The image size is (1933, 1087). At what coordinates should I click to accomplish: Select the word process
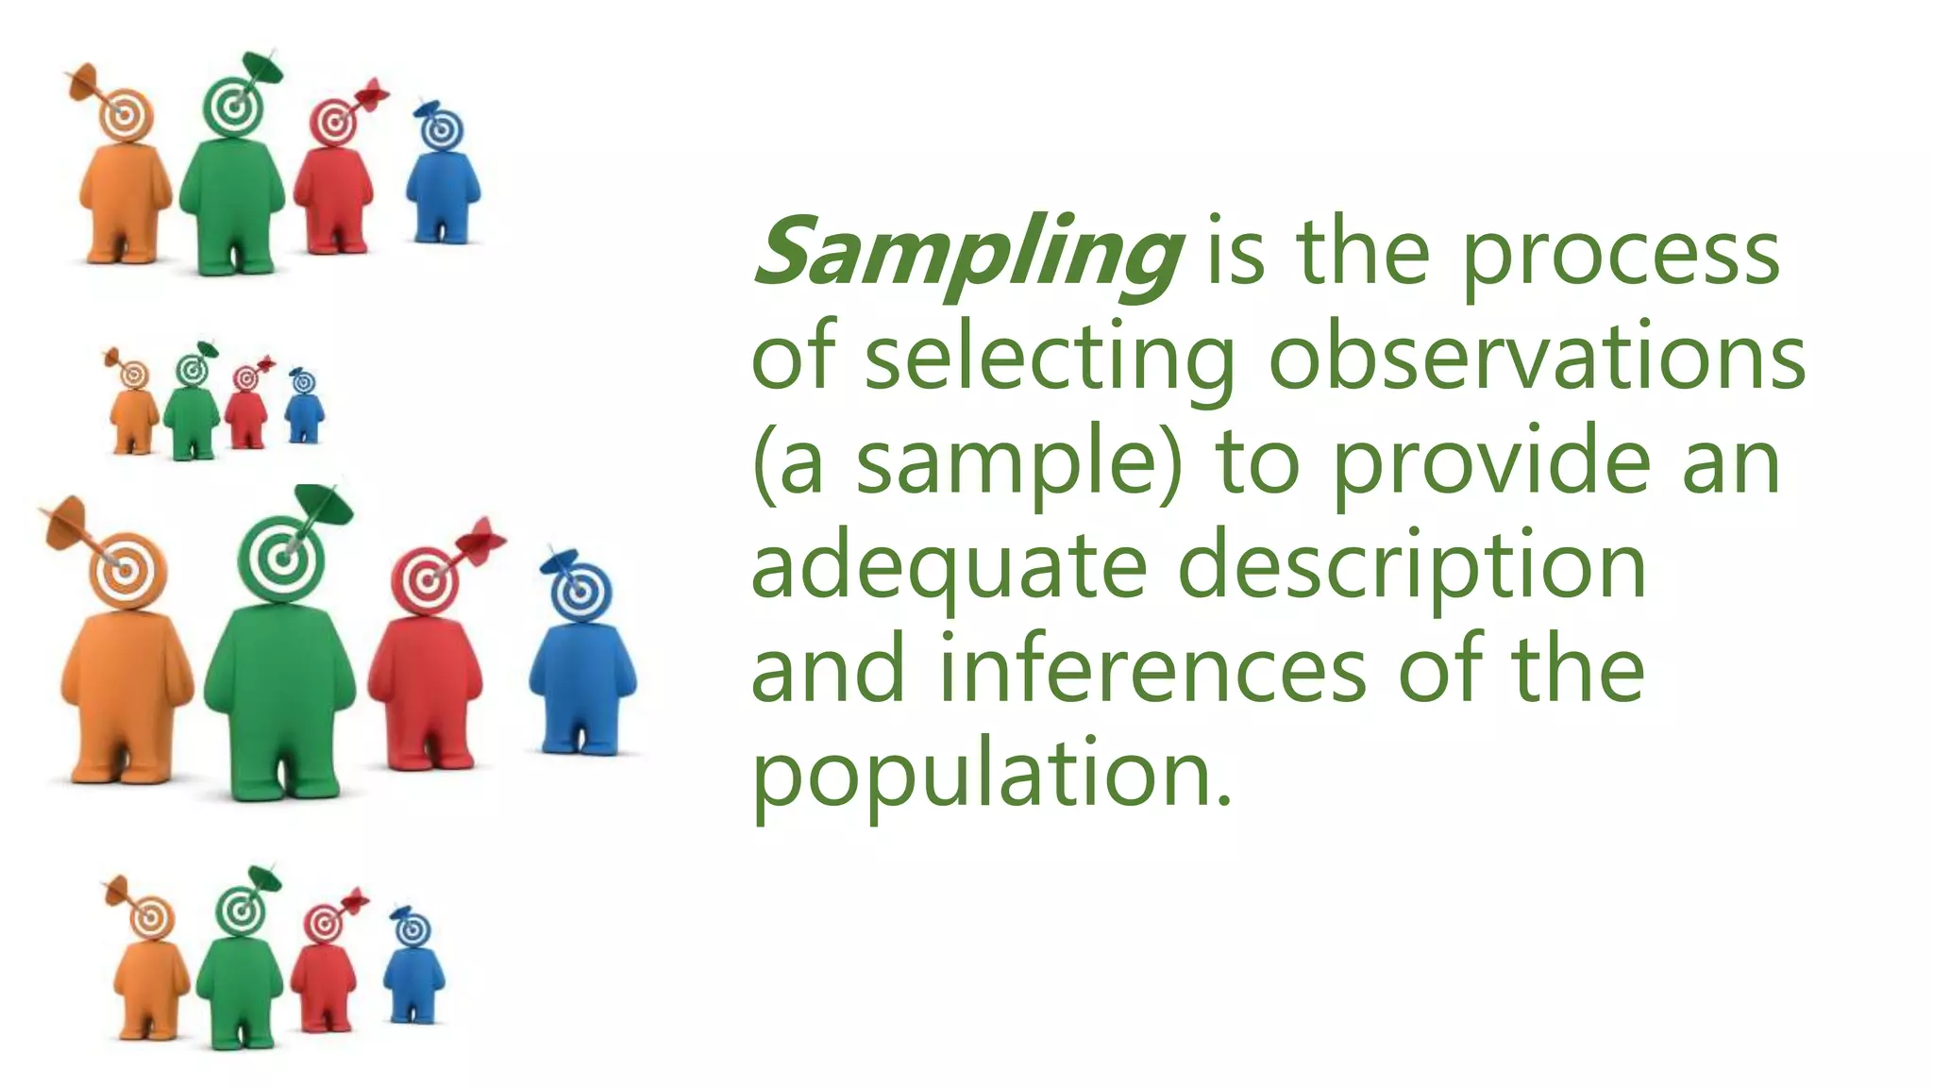pos(1621,255)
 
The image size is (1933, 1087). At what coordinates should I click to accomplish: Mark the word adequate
pos(949,568)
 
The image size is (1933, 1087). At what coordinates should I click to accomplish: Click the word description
pos(1413,568)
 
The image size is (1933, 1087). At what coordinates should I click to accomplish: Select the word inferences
pos(1152,670)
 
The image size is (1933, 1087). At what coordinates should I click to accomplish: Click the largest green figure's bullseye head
pos(281,558)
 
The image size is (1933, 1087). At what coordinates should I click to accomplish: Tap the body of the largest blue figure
pos(581,679)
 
